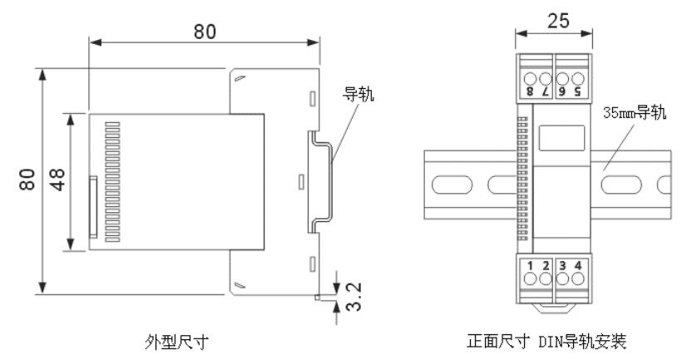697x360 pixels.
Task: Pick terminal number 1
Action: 529,266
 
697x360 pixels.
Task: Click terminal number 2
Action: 545,266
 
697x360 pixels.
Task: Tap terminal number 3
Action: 563,266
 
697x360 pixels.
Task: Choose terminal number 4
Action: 579,266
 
